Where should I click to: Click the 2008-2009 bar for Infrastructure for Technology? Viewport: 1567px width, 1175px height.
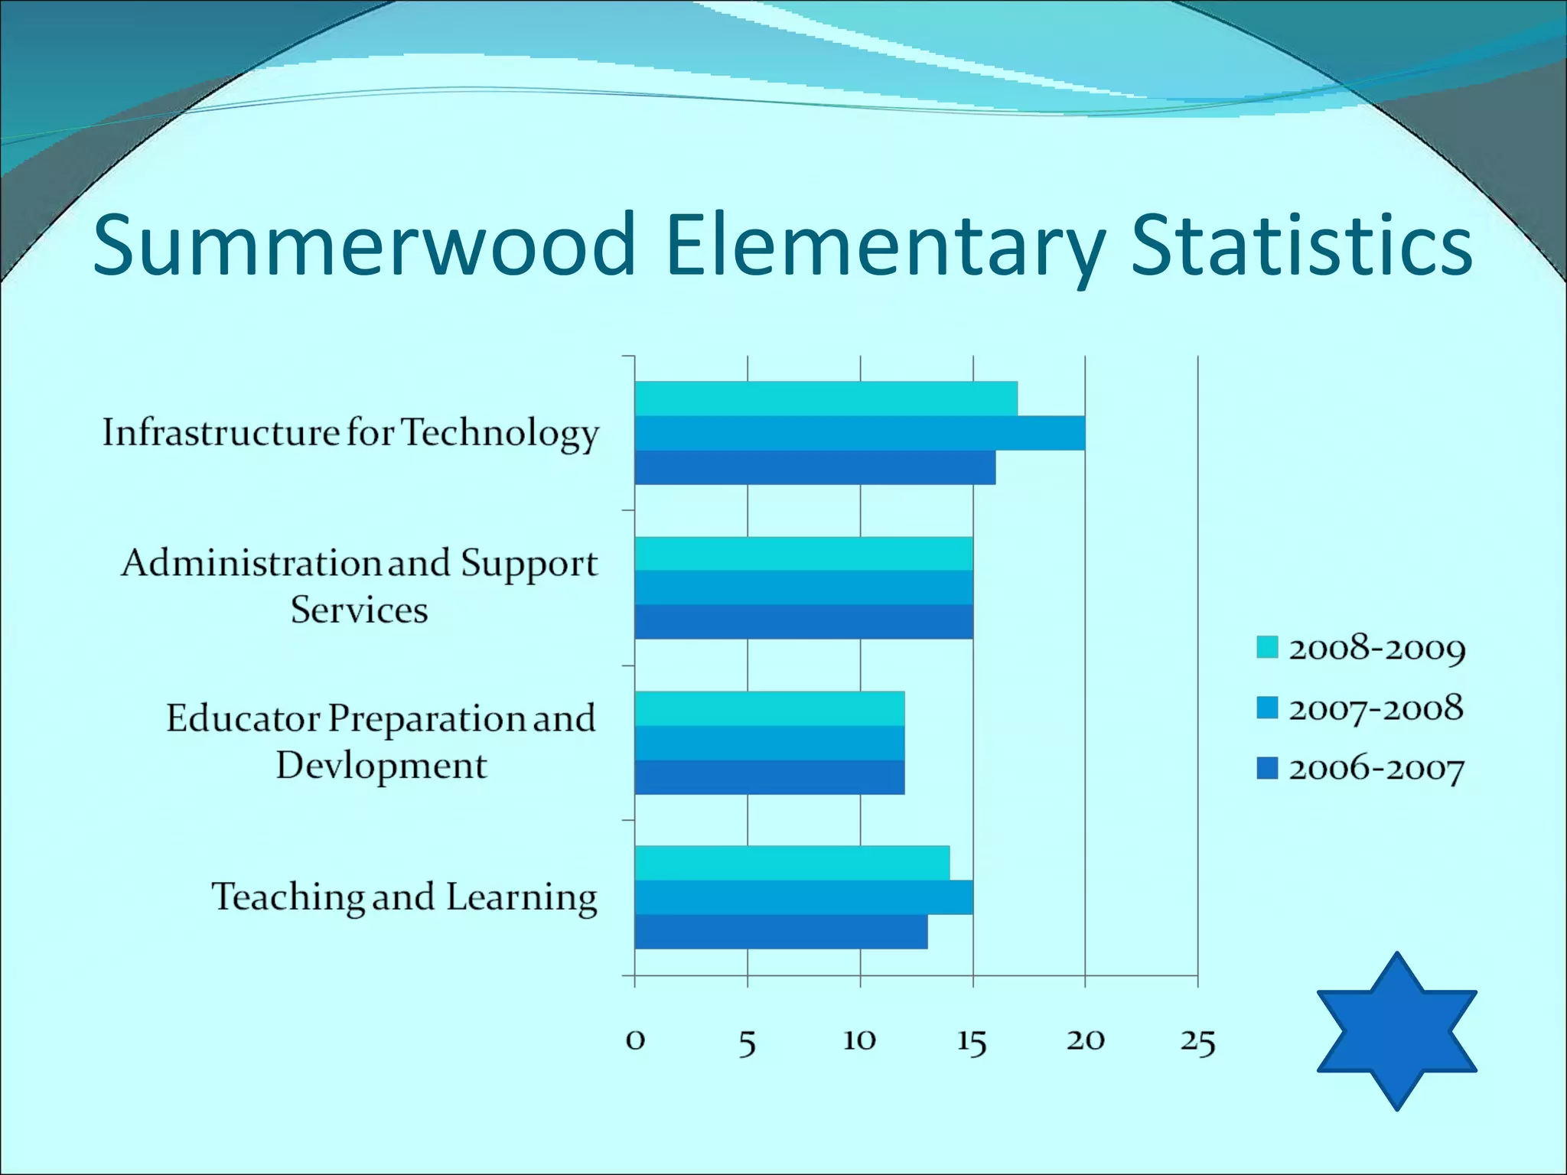coord(826,399)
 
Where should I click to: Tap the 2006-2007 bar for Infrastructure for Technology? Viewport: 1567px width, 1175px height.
coord(815,467)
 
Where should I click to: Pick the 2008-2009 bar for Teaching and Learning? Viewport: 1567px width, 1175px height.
coord(792,863)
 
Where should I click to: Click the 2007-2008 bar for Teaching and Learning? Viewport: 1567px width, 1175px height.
coord(803,897)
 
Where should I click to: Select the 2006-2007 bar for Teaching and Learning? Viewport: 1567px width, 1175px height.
coord(781,932)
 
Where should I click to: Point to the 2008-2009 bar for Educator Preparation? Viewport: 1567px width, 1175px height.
coord(770,708)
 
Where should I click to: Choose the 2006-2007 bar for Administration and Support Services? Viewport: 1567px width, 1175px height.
coord(803,622)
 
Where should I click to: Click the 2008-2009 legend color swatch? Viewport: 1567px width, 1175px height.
coord(1267,647)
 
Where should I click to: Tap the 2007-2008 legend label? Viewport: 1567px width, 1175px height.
coord(1376,708)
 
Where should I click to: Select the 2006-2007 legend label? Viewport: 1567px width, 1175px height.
coord(1376,769)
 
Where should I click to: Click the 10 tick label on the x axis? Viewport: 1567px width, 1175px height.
coord(859,1040)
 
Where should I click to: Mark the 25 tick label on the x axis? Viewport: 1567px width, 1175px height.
coord(1197,1041)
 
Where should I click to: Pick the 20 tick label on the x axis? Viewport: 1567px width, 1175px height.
coord(1085,1040)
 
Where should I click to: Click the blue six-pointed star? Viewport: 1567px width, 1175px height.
coord(1396,1030)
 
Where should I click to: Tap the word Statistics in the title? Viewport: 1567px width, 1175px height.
coord(1301,245)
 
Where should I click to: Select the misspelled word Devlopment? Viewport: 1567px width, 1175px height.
coord(381,766)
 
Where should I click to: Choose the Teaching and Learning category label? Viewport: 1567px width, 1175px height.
coord(404,897)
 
